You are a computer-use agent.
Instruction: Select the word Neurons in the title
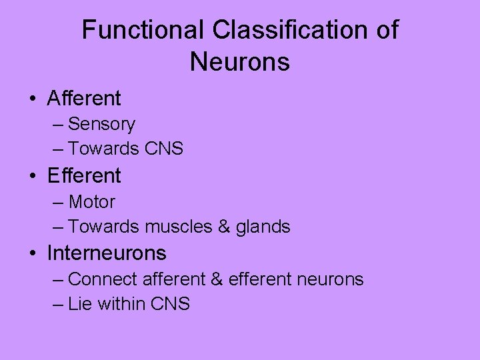coord(240,62)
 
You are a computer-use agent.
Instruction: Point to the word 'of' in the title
coord(386,30)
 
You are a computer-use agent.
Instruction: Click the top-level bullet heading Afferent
coord(84,99)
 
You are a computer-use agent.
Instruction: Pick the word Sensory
coord(101,125)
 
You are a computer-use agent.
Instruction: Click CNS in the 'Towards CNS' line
coord(163,149)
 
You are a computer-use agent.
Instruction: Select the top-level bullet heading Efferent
coord(84,176)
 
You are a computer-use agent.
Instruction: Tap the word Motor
coord(92,202)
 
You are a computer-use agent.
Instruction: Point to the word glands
coord(263,227)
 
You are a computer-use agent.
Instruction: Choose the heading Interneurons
coord(107,253)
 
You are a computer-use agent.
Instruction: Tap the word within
coord(124,304)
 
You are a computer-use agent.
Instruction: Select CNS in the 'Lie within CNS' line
coord(171,304)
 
